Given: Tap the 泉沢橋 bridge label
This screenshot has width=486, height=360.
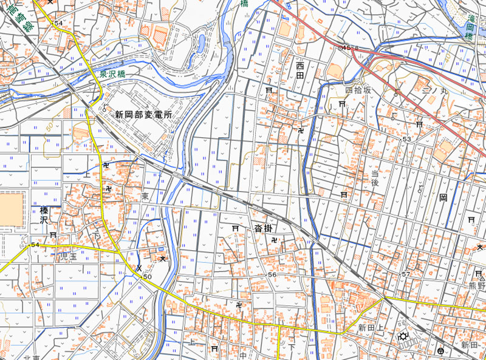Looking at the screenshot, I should point(113,73).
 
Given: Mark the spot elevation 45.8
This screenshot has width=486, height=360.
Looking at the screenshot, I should point(351,47).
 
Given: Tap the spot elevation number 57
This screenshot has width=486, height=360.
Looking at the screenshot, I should point(406,274).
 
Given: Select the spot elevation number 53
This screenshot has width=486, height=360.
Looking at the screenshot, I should point(406,140).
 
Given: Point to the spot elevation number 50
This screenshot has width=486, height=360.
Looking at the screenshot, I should point(147,277).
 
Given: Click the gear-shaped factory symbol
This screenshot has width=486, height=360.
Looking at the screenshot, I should point(403,337).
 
